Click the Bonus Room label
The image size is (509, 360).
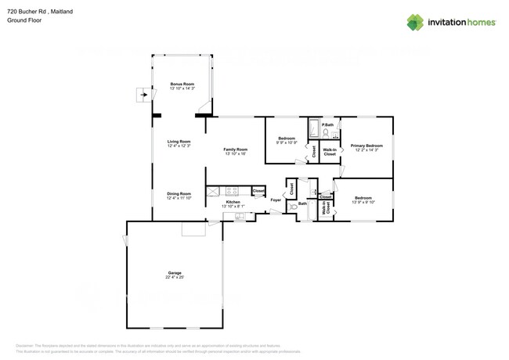tap(182, 84)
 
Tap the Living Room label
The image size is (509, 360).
tap(179, 142)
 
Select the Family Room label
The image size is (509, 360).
tap(235, 149)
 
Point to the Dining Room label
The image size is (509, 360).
tap(179, 194)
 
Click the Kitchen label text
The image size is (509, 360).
tap(233, 202)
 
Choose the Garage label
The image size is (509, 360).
tap(174, 273)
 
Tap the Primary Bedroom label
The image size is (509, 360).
tap(366, 146)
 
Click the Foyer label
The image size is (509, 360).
tap(276, 200)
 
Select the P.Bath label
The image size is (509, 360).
tap(327, 124)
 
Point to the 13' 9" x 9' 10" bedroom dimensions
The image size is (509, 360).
tap(362, 203)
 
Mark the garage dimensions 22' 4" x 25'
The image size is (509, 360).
tap(174, 278)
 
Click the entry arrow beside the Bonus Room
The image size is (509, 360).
tap(142, 95)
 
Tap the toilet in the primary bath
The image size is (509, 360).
tap(325, 132)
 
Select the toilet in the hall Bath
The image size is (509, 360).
tap(291, 208)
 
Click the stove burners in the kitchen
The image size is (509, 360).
tap(232, 190)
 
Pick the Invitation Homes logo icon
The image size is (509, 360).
tap(414, 22)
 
